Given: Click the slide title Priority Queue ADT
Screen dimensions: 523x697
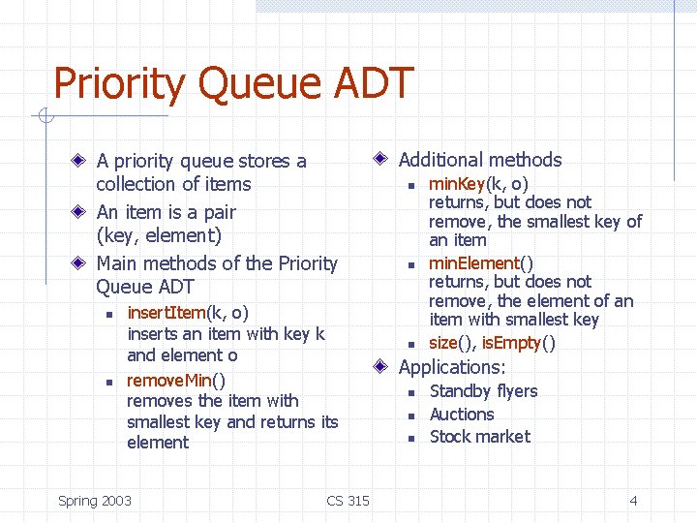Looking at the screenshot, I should point(233,84).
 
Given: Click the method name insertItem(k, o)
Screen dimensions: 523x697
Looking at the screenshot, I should point(188,313).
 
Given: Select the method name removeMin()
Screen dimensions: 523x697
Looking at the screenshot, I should point(176,380).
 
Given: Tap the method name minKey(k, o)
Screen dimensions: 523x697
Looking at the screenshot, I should point(478,184).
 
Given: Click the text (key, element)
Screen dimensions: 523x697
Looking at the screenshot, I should point(159,235).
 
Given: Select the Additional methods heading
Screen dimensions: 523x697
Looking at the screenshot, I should point(480,160).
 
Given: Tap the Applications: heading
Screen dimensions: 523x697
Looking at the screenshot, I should point(452,367).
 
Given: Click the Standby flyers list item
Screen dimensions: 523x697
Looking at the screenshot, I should point(483,391).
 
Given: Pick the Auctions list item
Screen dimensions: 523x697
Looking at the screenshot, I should point(462,414).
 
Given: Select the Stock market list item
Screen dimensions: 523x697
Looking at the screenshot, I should point(479,437).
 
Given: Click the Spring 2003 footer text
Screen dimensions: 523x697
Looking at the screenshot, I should point(95,501).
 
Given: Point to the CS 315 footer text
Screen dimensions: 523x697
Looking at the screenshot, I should point(348,501).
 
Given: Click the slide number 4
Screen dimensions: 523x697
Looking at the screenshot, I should point(633,501).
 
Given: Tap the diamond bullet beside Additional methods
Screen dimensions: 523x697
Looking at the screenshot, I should point(382,159).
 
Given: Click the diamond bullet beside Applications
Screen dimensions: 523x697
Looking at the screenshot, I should point(382,366).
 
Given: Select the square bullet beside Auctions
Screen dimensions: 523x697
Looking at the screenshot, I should point(410,415).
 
